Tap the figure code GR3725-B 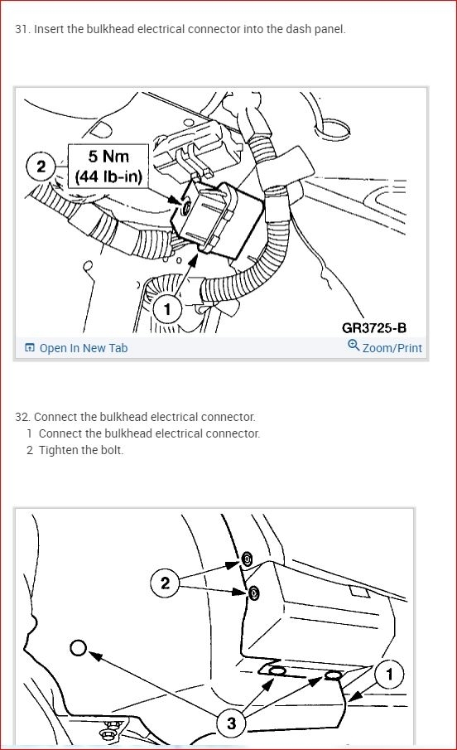pyautogui.click(x=374, y=327)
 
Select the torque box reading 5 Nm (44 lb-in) pyautogui.click(x=108, y=166)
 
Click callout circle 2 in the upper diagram pyautogui.click(x=41, y=167)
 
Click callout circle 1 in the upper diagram pyautogui.click(x=167, y=309)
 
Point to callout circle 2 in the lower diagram pyautogui.click(x=165, y=583)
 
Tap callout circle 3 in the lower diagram pyautogui.click(x=231, y=723)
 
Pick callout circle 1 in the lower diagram pyautogui.click(x=389, y=675)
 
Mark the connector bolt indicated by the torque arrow pyautogui.click(x=186, y=206)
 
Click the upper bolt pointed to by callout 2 pyautogui.click(x=247, y=559)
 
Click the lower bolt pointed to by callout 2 pyautogui.click(x=254, y=593)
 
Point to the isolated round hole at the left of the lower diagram pyautogui.click(x=79, y=648)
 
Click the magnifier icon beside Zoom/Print pyautogui.click(x=354, y=346)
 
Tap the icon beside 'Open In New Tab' pyautogui.click(x=30, y=348)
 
